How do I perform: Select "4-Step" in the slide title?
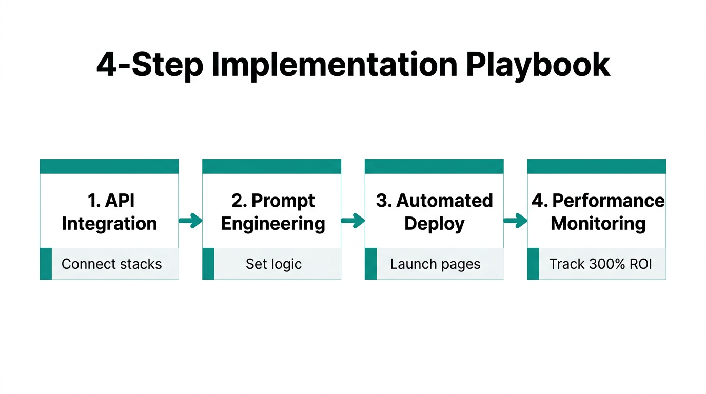[149, 65]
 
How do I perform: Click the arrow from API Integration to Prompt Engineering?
[190, 221]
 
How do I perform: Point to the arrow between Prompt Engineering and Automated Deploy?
[352, 221]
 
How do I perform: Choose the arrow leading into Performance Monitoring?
[515, 221]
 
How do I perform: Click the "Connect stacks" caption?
[111, 264]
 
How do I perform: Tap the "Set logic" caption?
[273, 264]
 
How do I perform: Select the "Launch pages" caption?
[435, 264]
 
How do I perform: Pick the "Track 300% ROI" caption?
[600, 264]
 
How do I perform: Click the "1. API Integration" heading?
[109, 212]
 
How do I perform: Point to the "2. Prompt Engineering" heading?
[273, 212]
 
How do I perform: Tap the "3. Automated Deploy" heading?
[434, 212]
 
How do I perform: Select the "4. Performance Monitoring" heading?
[598, 212]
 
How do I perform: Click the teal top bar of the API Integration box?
[109, 166]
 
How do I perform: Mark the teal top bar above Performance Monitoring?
[596, 166]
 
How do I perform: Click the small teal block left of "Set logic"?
[208, 264]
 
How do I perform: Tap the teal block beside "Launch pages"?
[370, 264]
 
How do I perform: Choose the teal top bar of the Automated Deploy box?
[434, 166]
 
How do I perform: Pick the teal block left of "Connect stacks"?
[46, 264]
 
